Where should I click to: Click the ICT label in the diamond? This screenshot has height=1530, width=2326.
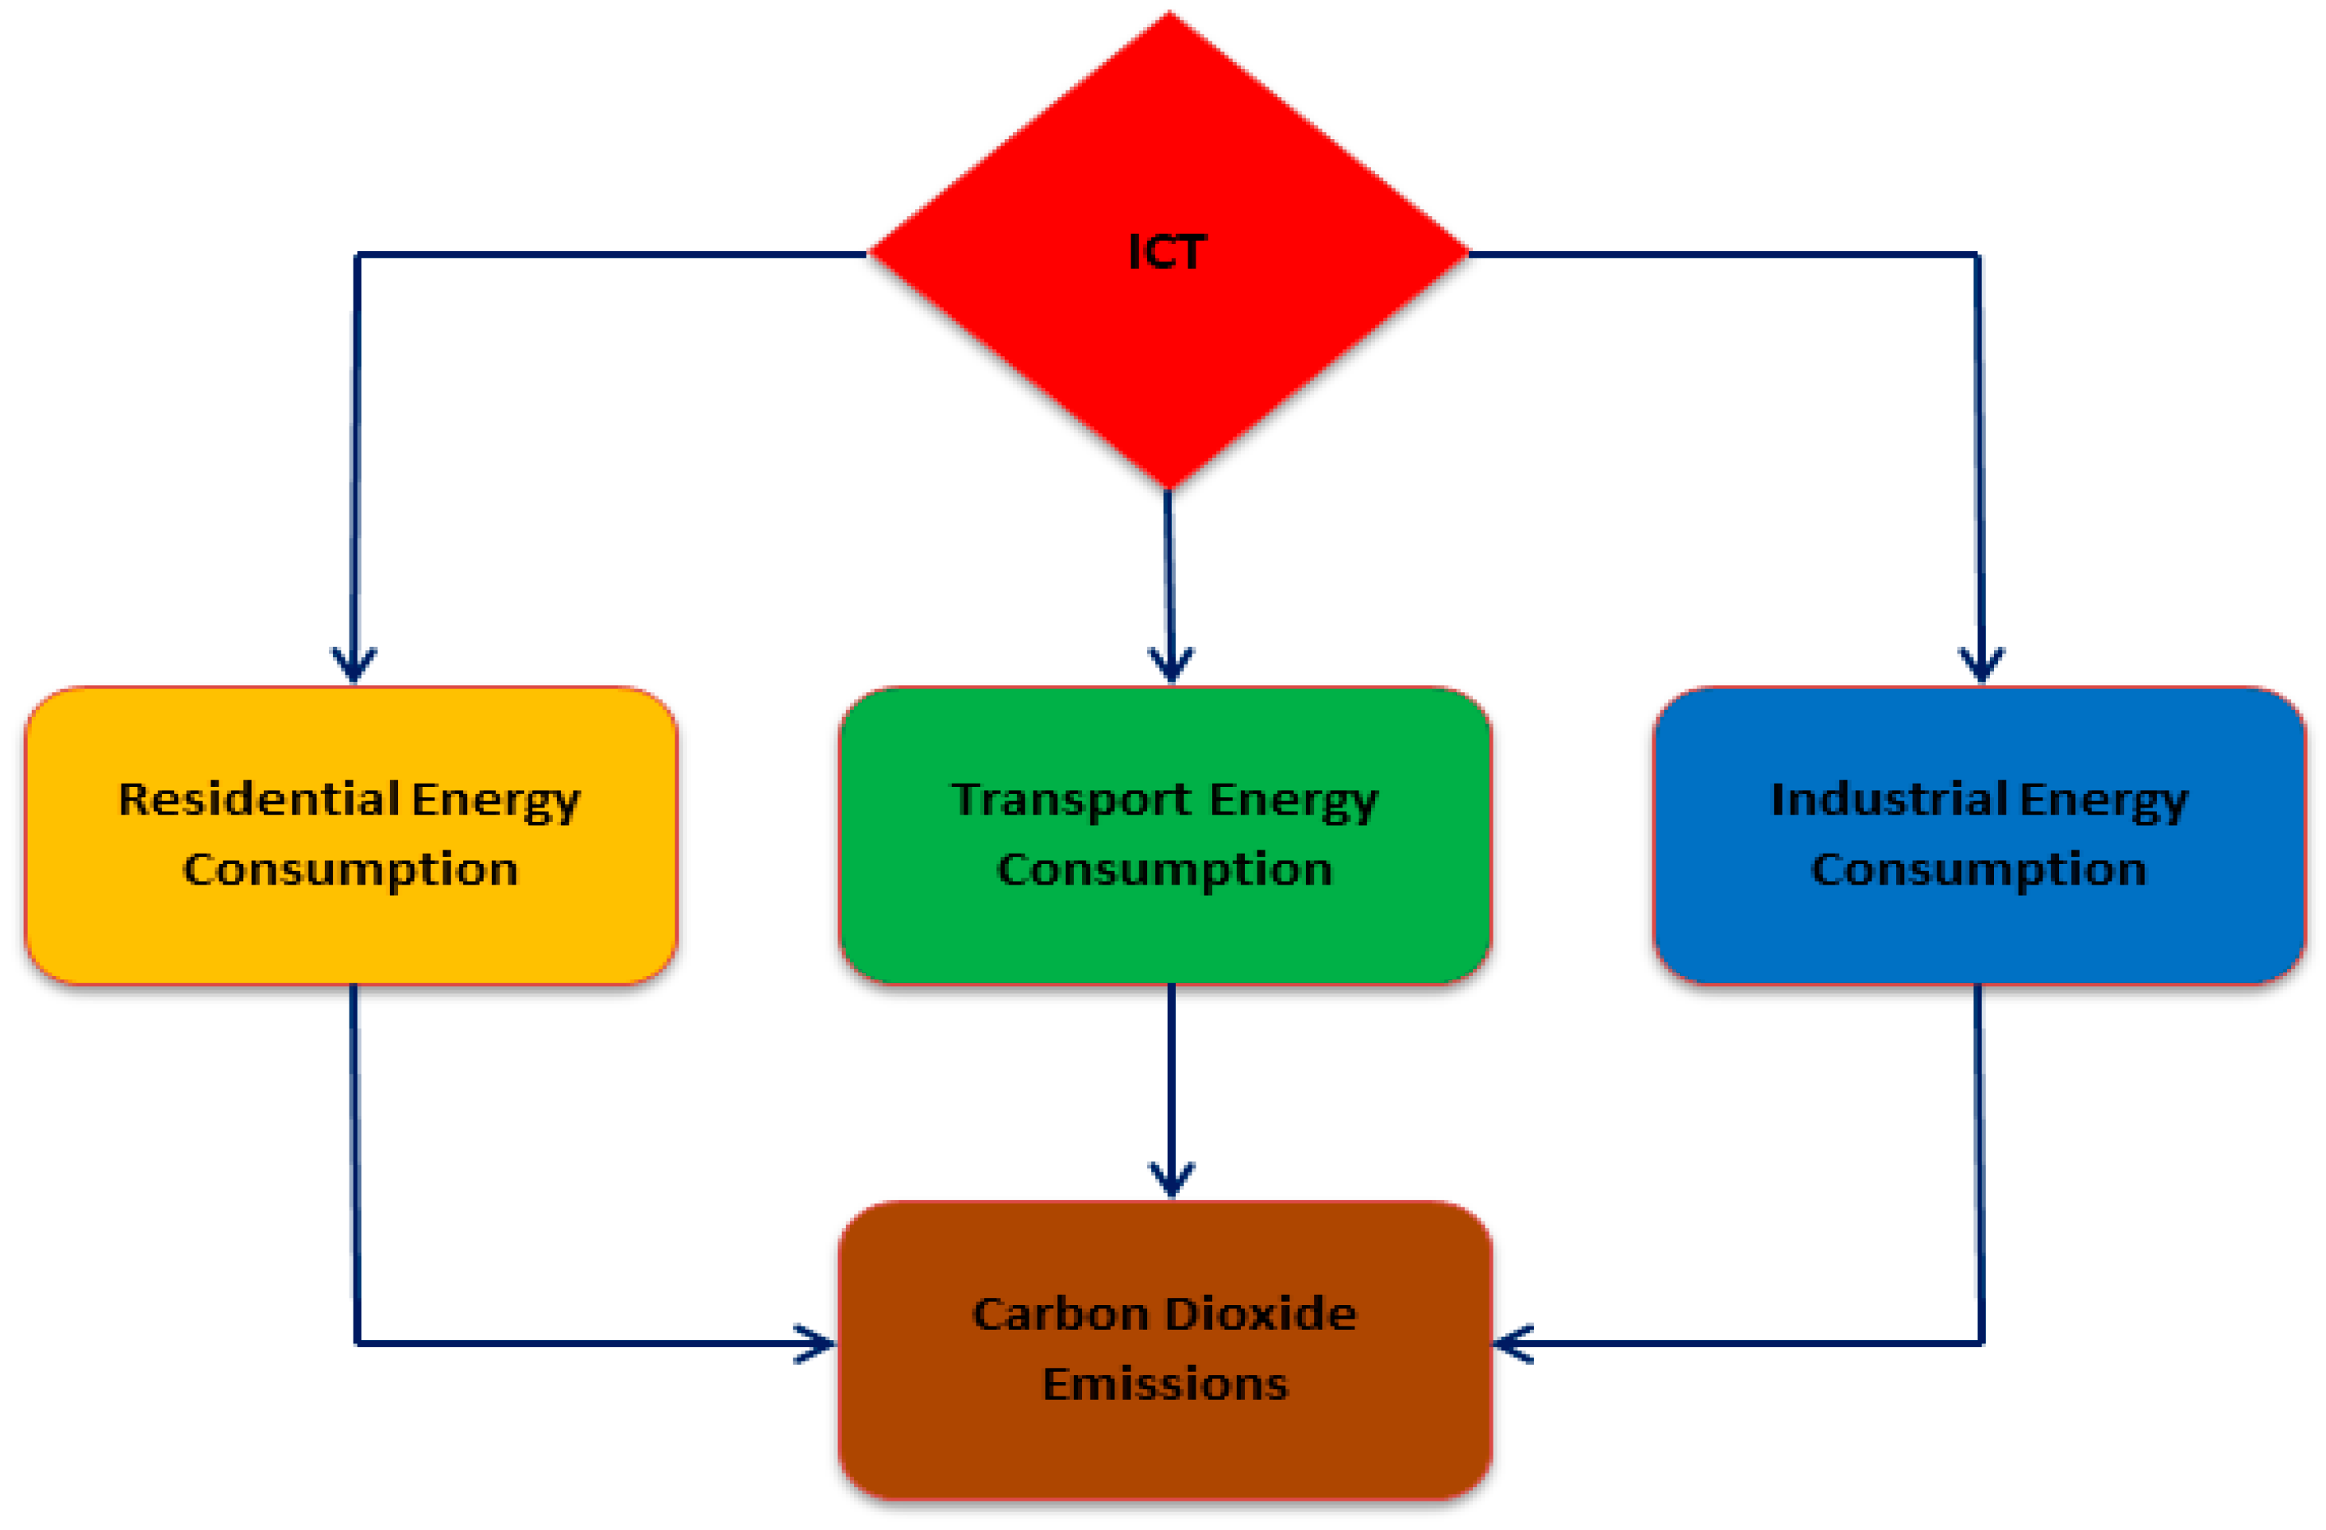(1168, 252)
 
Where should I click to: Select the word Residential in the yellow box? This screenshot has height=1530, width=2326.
(258, 799)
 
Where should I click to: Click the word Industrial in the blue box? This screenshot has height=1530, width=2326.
(1889, 799)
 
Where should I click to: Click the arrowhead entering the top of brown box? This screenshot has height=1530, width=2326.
(1171, 1181)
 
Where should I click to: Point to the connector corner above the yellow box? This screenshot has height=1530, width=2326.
(357, 255)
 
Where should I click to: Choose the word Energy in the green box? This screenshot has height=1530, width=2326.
(1293, 800)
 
